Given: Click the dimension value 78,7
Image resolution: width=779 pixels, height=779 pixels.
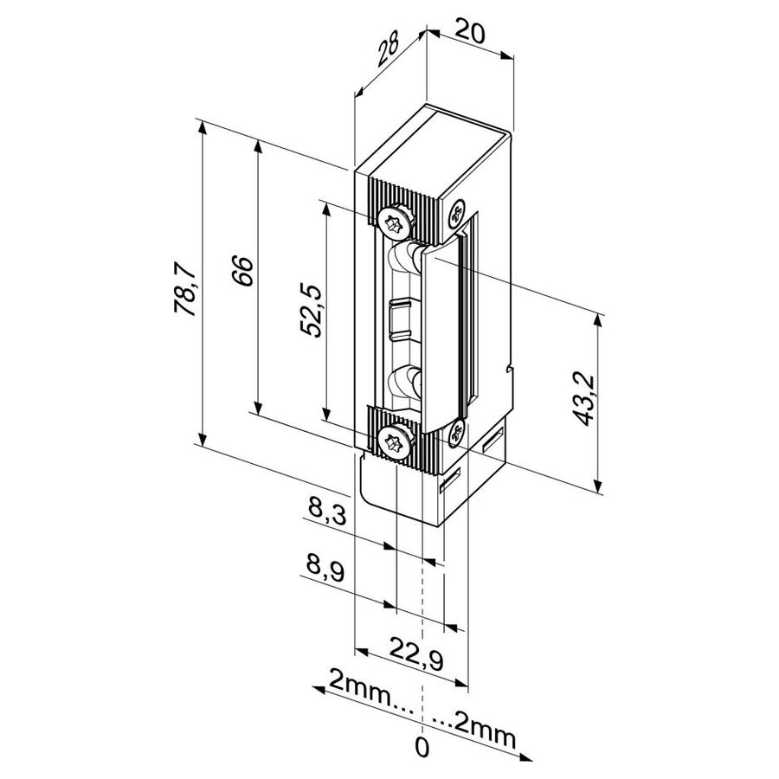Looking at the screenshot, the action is tap(185, 290).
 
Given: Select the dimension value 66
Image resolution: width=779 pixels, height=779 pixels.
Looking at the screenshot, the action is tap(242, 271).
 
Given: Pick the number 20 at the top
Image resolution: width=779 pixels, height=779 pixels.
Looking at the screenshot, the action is tap(469, 34).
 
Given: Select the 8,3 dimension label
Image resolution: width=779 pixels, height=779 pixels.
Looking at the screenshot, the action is tap(327, 512).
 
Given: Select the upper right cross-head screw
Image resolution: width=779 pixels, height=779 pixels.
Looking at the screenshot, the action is tap(455, 215).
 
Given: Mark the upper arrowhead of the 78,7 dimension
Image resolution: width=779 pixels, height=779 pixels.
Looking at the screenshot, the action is tap(202, 127).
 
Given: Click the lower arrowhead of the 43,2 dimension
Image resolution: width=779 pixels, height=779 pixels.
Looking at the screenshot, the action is tap(598, 486).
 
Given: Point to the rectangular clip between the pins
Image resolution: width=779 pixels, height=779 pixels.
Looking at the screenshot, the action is tap(401, 319).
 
